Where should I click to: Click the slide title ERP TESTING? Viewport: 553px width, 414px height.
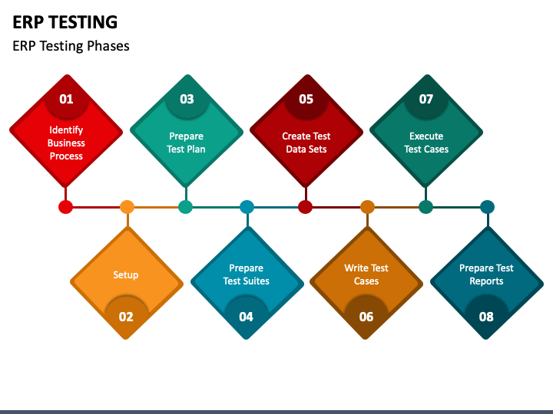[x=65, y=21]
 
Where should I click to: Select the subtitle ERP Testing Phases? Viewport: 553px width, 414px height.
[x=71, y=46]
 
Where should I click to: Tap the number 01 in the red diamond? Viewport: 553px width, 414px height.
[x=66, y=99]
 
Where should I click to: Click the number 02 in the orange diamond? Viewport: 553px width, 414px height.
[x=126, y=316]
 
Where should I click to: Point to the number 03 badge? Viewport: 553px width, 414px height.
[x=187, y=99]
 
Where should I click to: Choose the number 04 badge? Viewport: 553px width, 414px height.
[x=246, y=316]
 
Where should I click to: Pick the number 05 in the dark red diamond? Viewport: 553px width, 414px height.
[x=306, y=99]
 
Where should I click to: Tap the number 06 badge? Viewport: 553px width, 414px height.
[x=366, y=316]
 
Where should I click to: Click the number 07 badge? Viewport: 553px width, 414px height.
[x=426, y=99]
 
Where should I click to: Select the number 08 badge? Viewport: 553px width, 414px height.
[x=486, y=316]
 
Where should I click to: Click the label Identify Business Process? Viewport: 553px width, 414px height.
[x=66, y=143]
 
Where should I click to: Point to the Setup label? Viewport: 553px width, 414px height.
[x=126, y=274]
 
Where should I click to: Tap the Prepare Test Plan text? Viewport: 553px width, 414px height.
[x=187, y=143]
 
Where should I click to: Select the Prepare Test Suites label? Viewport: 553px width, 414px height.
[x=246, y=274]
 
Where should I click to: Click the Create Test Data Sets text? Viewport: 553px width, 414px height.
[x=306, y=143]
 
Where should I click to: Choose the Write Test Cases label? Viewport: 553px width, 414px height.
[x=366, y=274]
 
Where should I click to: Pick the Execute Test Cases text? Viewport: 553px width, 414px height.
[x=426, y=143]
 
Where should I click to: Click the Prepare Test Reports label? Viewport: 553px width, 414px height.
[x=486, y=274]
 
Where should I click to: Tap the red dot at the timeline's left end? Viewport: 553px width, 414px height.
[x=66, y=207]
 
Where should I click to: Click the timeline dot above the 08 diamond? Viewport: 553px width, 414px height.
[x=487, y=207]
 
